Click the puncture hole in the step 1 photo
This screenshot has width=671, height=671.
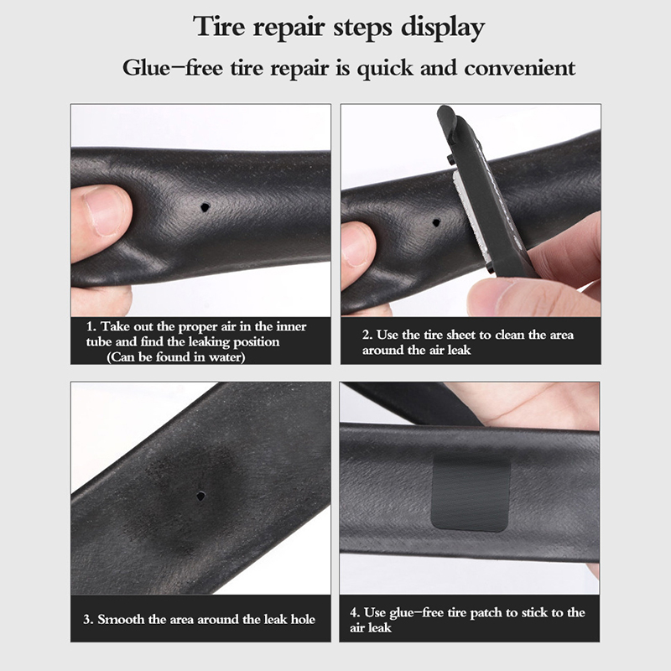[205, 207]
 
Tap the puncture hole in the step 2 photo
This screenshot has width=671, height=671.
[436, 222]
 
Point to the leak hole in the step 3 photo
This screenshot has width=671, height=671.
[200, 497]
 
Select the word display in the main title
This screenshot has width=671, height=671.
[442, 29]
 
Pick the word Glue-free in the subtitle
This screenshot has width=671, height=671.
[173, 69]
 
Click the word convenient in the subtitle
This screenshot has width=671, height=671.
[519, 69]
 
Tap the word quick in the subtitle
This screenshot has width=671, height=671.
[385, 70]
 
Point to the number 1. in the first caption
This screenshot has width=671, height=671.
[91, 327]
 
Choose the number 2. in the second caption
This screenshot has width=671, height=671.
[367, 335]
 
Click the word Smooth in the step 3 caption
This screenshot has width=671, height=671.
[121, 619]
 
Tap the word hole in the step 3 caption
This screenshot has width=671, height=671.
[303, 619]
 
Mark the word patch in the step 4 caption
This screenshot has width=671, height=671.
[486, 613]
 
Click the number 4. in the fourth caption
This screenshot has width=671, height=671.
[355, 613]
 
